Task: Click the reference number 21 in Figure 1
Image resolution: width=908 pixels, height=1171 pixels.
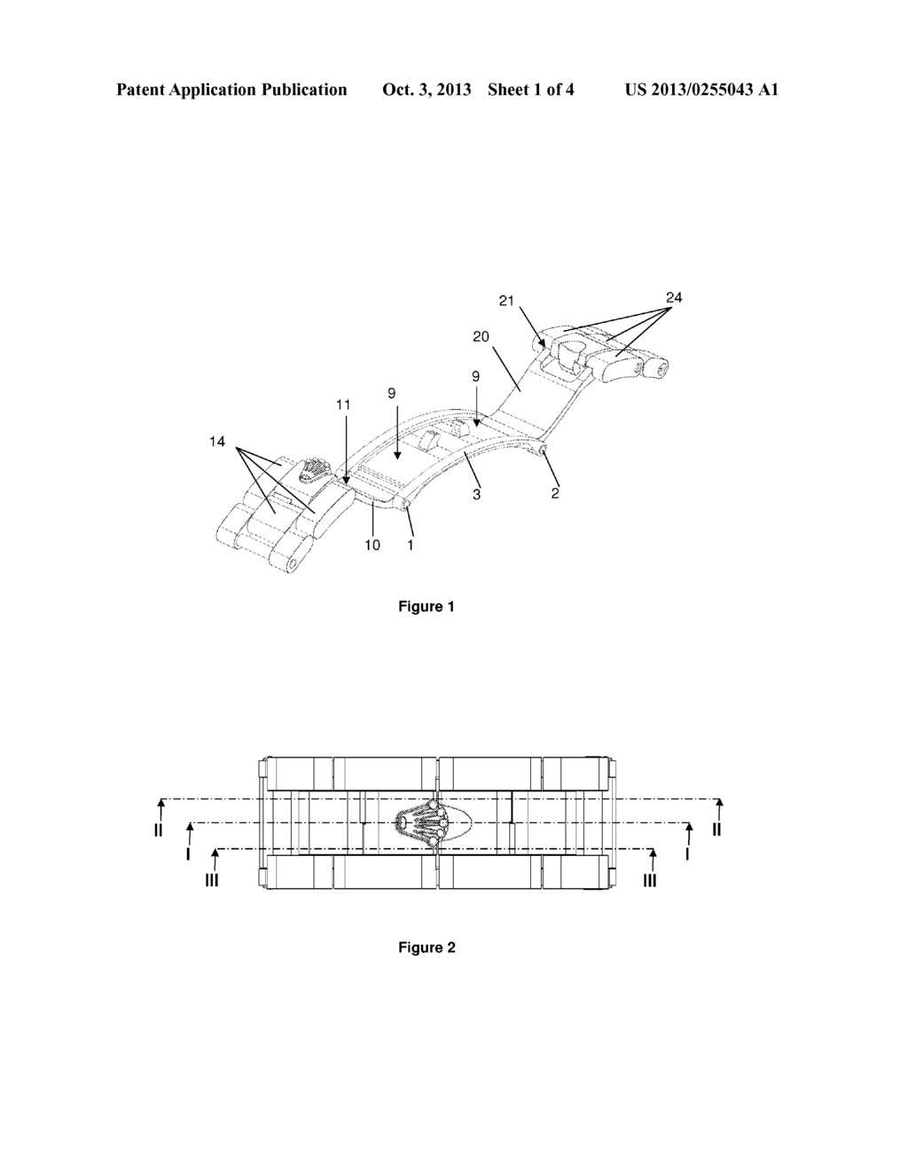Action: click(x=506, y=301)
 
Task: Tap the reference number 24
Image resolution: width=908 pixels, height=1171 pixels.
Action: click(x=674, y=297)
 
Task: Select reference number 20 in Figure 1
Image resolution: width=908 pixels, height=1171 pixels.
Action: click(x=481, y=337)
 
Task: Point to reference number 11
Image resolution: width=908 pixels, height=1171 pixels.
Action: click(x=343, y=405)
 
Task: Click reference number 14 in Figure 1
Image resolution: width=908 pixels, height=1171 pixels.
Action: click(x=217, y=442)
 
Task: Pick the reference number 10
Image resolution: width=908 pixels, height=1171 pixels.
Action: click(x=372, y=545)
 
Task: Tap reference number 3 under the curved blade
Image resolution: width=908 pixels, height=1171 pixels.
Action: click(x=477, y=493)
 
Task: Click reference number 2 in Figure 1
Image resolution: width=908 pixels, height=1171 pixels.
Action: click(x=555, y=492)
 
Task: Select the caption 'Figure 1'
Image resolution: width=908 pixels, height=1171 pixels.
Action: click(x=427, y=607)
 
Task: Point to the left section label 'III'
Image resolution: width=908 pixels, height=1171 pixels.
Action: click(x=212, y=880)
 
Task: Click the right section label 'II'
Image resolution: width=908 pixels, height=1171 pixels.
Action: click(x=716, y=829)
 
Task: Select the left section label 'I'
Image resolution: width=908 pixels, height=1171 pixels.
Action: click(x=188, y=854)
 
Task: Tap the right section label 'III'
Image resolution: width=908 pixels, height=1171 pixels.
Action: click(x=649, y=880)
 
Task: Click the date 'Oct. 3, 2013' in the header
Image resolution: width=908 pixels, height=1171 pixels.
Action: click(x=427, y=90)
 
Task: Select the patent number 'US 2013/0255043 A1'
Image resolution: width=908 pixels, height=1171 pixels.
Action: click(x=701, y=90)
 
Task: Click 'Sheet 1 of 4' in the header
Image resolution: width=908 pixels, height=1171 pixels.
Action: click(x=530, y=90)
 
